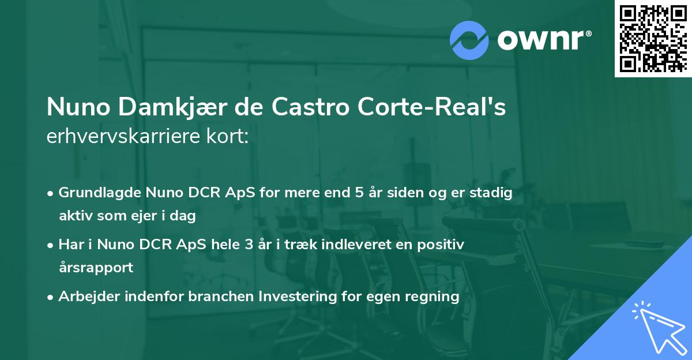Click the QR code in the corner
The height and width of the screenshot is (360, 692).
(x=653, y=38)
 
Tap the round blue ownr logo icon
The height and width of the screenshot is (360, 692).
(x=469, y=40)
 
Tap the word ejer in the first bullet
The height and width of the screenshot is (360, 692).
(x=147, y=216)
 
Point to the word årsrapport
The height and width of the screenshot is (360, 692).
(x=96, y=268)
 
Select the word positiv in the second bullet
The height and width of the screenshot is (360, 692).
(x=444, y=245)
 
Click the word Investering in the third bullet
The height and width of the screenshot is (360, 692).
(x=294, y=297)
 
